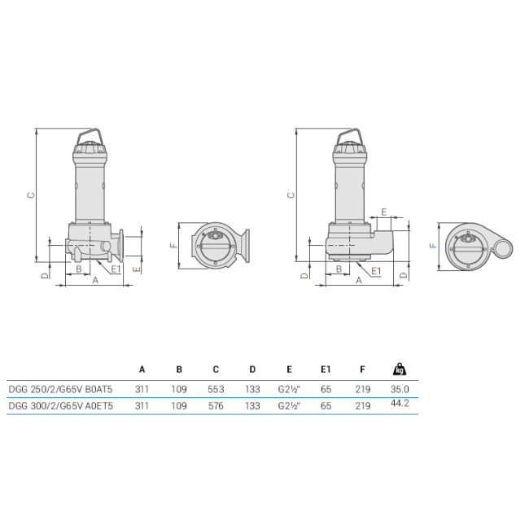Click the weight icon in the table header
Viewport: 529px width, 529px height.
pyautogui.click(x=400, y=369)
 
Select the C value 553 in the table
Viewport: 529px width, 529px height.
pyautogui.click(x=216, y=389)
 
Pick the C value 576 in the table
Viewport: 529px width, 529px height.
pyautogui.click(x=216, y=406)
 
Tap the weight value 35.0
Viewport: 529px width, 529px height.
pyautogui.click(x=400, y=389)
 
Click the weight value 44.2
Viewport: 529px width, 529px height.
pyautogui.click(x=400, y=403)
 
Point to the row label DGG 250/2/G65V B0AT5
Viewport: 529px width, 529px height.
pyautogui.click(x=60, y=389)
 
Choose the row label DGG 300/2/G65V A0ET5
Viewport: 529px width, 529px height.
pyautogui.click(x=61, y=406)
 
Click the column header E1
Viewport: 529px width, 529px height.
pyautogui.click(x=326, y=369)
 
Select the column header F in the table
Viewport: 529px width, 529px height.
pyautogui.click(x=362, y=369)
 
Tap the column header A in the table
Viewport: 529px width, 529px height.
pyautogui.click(x=142, y=369)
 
